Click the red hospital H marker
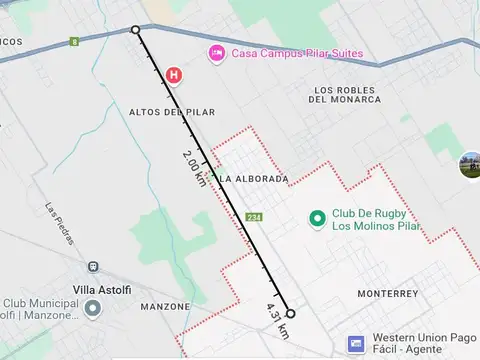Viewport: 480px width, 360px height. click(175, 74)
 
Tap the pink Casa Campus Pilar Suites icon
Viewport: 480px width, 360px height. click(216, 53)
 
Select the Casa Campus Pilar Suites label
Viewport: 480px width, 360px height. click(296, 53)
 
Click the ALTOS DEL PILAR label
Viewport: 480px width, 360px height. click(172, 112)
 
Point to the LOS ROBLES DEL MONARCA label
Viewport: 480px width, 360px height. click(345, 94)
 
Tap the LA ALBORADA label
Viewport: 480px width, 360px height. click(253, 179)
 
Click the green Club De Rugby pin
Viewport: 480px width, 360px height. click(318, 217)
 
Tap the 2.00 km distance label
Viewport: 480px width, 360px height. click(196, 167)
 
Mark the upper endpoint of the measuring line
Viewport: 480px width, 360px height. click(136, 30)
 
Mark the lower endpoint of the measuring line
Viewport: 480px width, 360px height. click(290, 313)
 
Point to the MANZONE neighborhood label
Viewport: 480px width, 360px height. click(165, 306)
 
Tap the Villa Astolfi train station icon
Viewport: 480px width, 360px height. click(93, 268)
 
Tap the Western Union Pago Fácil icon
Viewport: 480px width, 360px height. click(356, 344)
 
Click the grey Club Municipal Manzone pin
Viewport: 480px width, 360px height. click(93, 308)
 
